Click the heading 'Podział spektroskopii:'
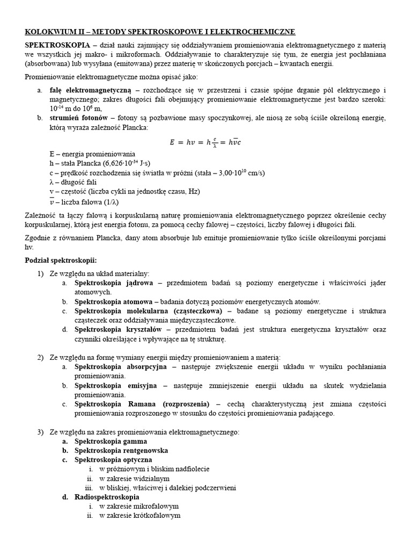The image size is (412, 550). pyautogui.click(x=61, y=260)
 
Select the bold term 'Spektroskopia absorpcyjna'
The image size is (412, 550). pyautogui.click(x=121, y=367)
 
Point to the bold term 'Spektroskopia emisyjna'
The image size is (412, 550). pyautogui.click(x=115, y=386)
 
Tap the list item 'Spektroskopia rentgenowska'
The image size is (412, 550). pyautogui.click(x=121, y=451)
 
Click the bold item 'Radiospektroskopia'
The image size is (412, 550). pyautogui.click(x=107, y=497)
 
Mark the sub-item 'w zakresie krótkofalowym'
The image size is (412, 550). pyautogui.click(x=139, y=516)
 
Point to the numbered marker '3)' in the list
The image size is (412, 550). pyautogui.click(x=40, y=432)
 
